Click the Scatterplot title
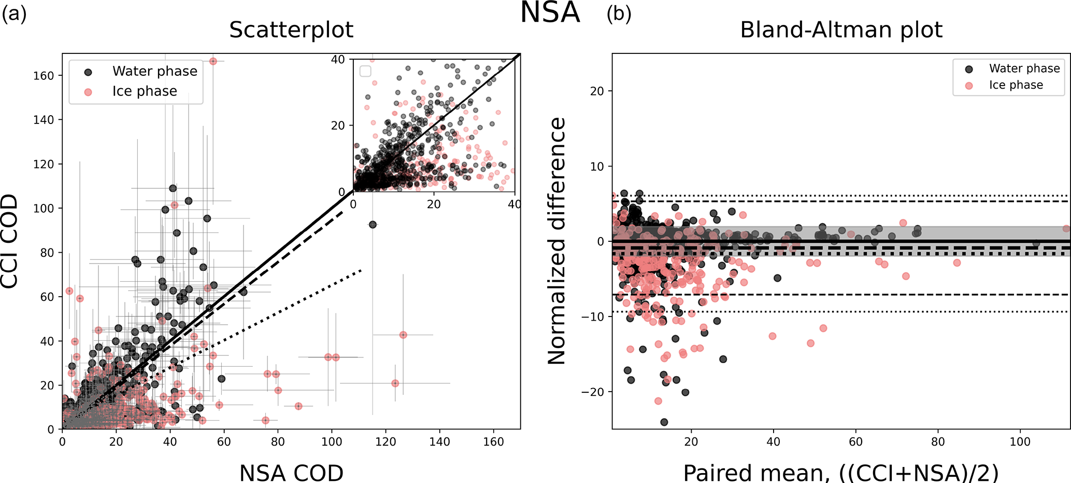coord(291,30)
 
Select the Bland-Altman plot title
coord(841,30)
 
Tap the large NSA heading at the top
coord(550,12)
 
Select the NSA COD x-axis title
coord(291,473)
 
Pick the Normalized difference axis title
coord(557,241)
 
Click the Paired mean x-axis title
coord(841,473)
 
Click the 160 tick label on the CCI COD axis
coord(44,76)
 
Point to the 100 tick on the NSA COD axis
coord(332,441)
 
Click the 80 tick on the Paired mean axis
coord(938,441)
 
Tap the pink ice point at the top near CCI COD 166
coord(213,61)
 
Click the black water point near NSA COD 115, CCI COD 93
coord(373,225)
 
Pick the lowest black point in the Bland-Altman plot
coord(664,422)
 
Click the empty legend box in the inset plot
coord(365,71)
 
